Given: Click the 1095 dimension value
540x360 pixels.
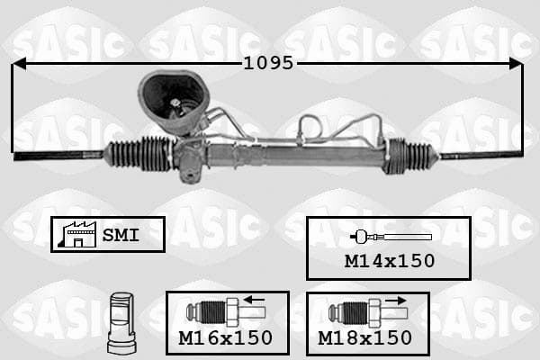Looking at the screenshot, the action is [268, 63].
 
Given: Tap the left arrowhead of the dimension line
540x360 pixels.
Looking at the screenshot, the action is [19, 64].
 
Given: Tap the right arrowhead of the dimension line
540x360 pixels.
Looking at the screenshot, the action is [516, 64].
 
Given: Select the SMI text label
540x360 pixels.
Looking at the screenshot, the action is [121, 235].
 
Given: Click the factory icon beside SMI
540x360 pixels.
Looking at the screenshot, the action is [77, 234].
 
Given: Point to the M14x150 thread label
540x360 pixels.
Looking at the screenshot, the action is [390, 261].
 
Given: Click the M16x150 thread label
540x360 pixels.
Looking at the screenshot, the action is [226, 338].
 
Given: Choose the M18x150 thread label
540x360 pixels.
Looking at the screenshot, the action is [365, 338].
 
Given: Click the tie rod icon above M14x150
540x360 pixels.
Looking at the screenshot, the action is [391, 237].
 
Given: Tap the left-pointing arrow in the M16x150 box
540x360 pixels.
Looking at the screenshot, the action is [254, 300].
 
